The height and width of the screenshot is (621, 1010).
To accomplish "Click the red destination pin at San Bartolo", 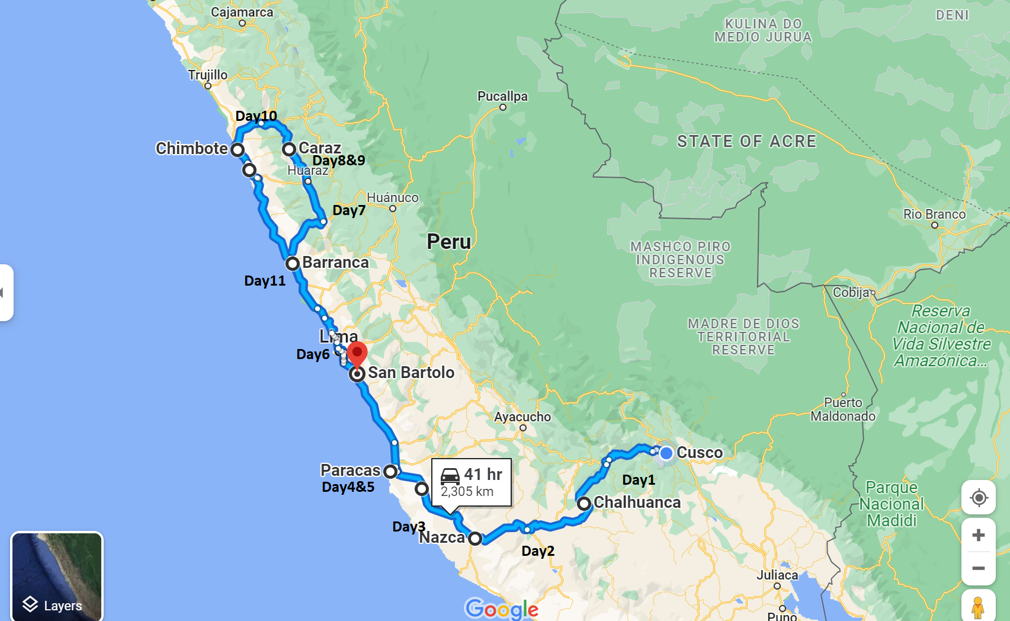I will pyautogui.click(x=357, y=354).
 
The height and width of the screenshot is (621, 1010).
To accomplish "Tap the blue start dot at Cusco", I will pyautogui.click(x=666, y=453).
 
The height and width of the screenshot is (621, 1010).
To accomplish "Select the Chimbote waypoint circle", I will pyautogui.click(x=238, y=149).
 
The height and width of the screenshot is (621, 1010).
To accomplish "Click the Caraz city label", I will pyautogui.click(x=319, y=148).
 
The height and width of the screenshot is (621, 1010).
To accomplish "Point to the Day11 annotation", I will pyautogui.click(x=265, y=281).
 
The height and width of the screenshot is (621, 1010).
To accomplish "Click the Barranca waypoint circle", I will pyautogui.click(x=292, y=263).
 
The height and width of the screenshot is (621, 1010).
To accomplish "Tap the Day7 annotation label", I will pyautogui.click(x=349, y=210).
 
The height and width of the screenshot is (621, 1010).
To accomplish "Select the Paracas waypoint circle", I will pyautogui.click(x=390, y=472).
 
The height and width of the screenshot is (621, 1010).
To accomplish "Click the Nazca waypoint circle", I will pyautogui.click(x=474, y=539).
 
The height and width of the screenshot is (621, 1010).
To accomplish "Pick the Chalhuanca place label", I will pyautogui.click(x=637, y=502).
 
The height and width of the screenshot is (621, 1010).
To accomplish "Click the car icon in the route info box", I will pyautogui.click(x=450, y=475).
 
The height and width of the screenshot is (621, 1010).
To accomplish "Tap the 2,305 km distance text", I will pyautogui.click(x=467, y=492).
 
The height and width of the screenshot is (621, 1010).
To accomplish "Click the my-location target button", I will pyautogui.click(x=979, y=498).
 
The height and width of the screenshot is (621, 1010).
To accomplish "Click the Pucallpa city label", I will pyautogui.click(x=502, y=97).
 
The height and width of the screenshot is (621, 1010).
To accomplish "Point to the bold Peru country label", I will pyautogui.click(x=449, y=242).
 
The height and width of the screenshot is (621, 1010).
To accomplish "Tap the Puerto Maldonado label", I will pyautogui.click(x=843, y=409).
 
